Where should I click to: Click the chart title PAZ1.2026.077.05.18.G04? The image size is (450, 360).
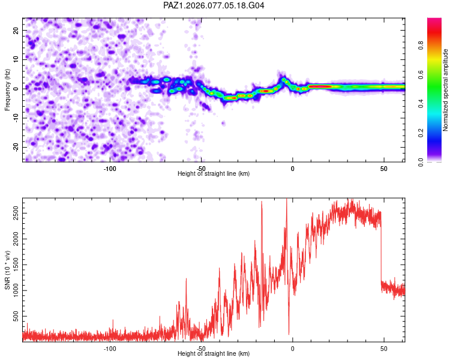click(x=214, y=5)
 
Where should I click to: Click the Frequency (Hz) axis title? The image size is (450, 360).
click(x=8, y=89)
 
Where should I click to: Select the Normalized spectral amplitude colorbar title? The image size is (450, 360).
click(x=445, y=90)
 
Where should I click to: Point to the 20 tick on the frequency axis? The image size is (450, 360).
click(x=16, y=30)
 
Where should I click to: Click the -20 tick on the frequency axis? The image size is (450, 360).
click(x=15, y=147)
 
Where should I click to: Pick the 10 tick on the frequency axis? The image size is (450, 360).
click(x=16, y=59)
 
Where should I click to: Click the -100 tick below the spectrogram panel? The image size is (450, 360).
click(x=110, y=169)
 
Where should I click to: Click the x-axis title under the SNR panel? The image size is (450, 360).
click(x=214, y=354)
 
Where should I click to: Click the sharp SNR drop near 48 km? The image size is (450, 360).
click(x=381, y=252)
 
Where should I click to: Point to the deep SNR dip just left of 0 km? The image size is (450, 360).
click(x=289, y=333)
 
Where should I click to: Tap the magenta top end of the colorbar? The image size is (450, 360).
click(x=434, y=20)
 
